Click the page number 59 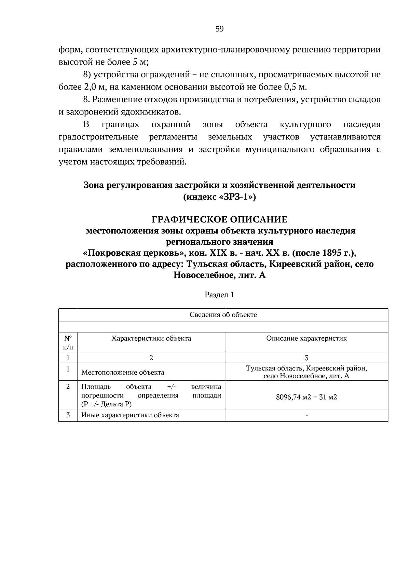tap(219, 29)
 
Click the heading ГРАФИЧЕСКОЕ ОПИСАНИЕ tap(219, 219)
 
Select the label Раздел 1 tap(219, 295)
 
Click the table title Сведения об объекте tap(223, 315)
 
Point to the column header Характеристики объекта tap(151, 338)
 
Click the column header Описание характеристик tap(306, 338)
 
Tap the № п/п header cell tap(68, 342)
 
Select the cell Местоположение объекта tap(123, 373)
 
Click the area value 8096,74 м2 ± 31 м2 tap(306, 397)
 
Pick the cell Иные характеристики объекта tap(130, 415)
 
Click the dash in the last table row tap(306, 415)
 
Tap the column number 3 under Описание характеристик tap(306, 358)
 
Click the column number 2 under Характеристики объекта tap(151, 358)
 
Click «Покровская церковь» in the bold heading tap(134, 253)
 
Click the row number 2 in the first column tap(68, 387)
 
